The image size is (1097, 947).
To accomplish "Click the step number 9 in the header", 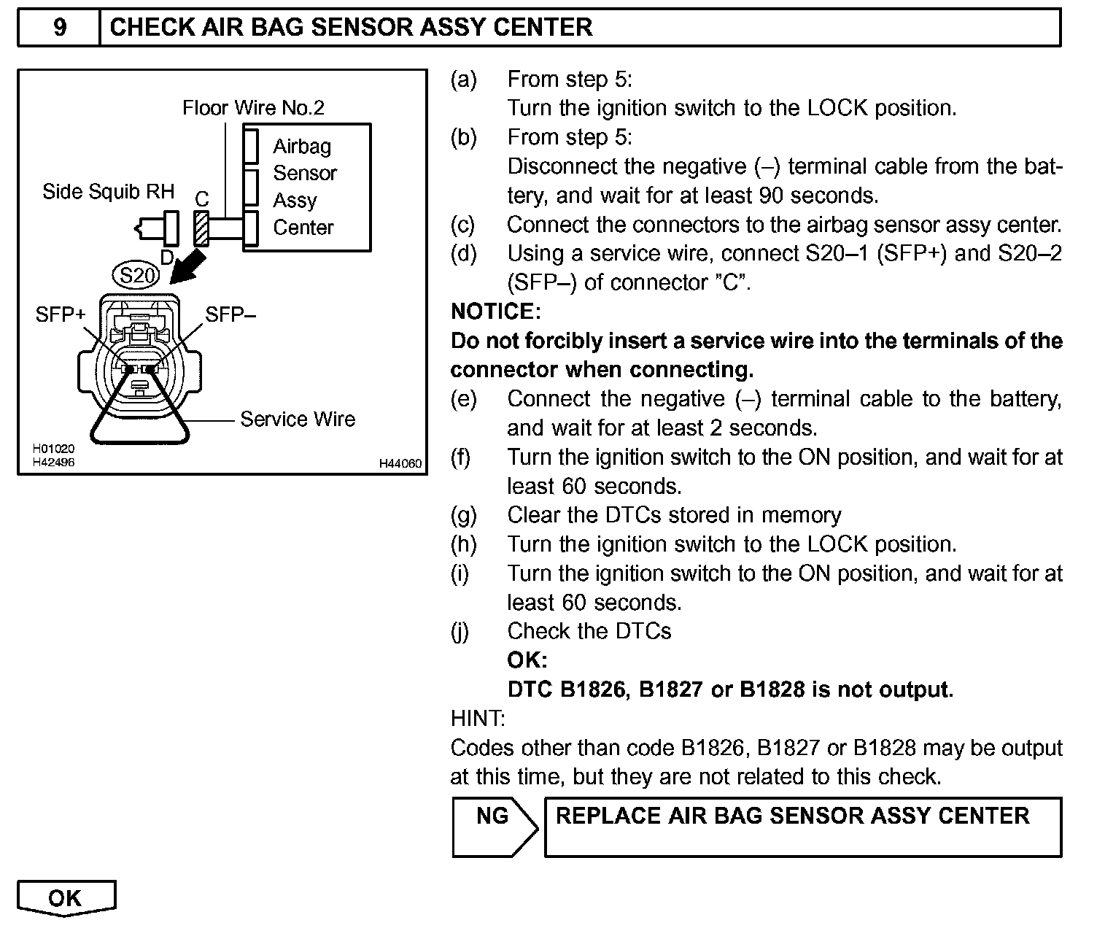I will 60,28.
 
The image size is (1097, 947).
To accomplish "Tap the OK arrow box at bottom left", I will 66,898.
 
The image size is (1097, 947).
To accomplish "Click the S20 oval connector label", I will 138,276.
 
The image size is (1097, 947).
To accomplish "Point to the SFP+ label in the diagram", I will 61,314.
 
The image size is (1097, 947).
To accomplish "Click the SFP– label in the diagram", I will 230,314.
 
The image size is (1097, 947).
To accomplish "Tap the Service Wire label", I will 298,420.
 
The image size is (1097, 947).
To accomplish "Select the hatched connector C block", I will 201,228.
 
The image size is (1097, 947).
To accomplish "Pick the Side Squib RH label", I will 109,192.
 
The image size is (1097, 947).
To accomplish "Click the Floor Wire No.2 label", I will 253,109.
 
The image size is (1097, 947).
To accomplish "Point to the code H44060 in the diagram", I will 400,463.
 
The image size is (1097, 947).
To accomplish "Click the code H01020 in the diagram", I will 53,449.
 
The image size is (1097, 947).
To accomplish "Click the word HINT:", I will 478,719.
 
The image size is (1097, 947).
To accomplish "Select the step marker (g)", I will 464,515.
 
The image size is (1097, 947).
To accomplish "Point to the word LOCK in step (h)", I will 837,544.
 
